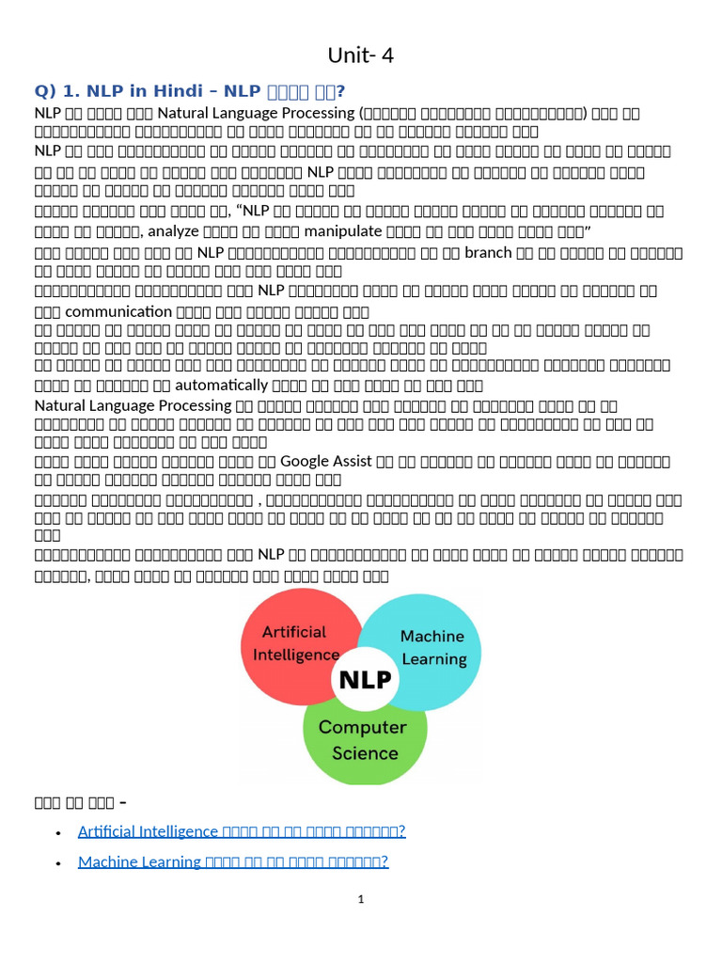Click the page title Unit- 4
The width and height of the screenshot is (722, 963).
pyautogui.click(x=361, y=55)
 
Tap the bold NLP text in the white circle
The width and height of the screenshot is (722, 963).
pyautogui.click(x=365, y=679)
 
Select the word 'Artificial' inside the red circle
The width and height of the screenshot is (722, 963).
pyautogui.click(x=293, y=632)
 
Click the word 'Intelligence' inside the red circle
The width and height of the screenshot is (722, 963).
pyautogui.click(x=296, y=655)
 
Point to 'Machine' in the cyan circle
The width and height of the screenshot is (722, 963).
pyautogui.click(x=432, y=637)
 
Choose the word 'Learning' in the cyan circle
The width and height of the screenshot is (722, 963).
pyautogui.click(x=434, y=659)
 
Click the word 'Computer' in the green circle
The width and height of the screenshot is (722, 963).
pyautogui.click(x=363, y=727)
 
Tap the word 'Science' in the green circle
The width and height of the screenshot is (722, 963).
pyautogui.click(x=365, y=752)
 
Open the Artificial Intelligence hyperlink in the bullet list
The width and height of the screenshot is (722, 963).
pyautogui.click(x=242, y=831)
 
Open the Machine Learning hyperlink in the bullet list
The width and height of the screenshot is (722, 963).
pyautogui.click(x=233, y=861)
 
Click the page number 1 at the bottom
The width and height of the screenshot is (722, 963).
pyautogui.click(x=361, y=900)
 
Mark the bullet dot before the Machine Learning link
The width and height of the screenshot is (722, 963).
pyautogui.click(x=58, y=862)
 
